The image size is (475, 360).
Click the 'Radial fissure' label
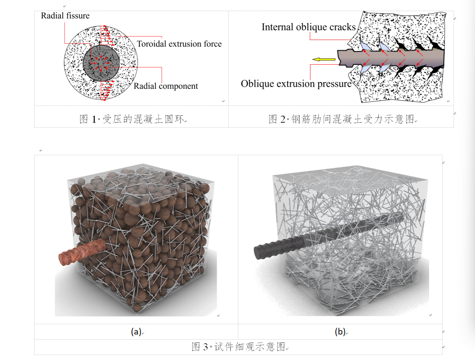point(65,16)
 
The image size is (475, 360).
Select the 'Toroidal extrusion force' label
point(179,44)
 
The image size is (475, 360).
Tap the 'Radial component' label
point(166,86)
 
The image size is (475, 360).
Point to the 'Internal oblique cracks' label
point(308,27)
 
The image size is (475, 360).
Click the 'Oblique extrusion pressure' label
point(296,84)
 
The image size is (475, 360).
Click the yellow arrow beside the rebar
point(324,59)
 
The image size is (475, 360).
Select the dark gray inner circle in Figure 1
point(101,63)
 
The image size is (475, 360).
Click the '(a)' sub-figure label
point(136,332)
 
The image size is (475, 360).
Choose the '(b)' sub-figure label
point(340,332)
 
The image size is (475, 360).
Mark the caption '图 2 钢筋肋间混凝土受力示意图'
point(342,119)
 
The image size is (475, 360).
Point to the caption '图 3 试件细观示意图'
point(238,347)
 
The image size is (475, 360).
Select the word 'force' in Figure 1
point(213,44)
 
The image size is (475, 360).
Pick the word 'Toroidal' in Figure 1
point(151,44)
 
